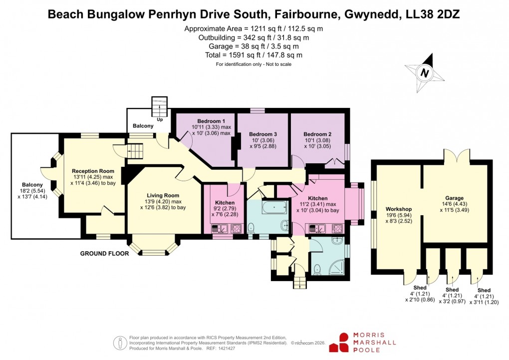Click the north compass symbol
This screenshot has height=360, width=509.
pyautogui.click(x=425, y=72)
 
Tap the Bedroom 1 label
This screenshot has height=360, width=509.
pyautogui.click(x=211, y=121)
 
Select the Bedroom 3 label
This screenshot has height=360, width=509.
pyautogui.click(x=263, y=134)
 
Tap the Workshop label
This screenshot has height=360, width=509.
pyautogui.click(x=398, y=209)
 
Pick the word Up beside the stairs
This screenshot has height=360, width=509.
pyautogui.click(x=160, y=120)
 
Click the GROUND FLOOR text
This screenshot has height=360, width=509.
pyautogui.click(x=105, y=254)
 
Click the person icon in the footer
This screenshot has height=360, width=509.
pyautogui.click(x=120, y=343)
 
